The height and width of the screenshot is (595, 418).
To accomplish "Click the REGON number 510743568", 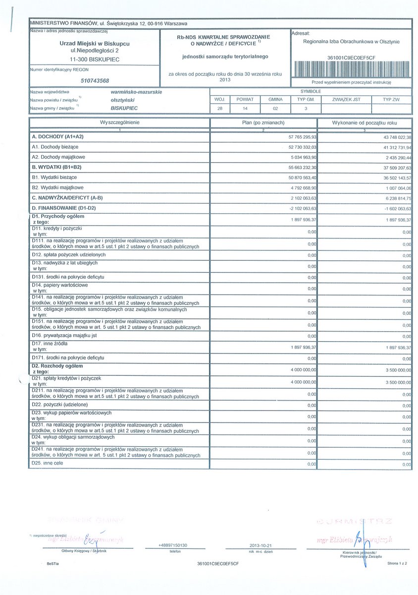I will [95, 80].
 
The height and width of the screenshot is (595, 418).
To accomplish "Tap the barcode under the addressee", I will [352, 69].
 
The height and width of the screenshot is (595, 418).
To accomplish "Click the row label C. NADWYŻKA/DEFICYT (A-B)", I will [67, 198].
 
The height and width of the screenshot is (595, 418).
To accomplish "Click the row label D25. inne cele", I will [48, 463].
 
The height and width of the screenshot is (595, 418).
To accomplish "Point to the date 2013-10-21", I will [261, 546].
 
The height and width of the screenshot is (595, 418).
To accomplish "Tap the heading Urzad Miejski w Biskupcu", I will [94, 44].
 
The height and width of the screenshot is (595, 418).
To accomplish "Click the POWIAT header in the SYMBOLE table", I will [245, 99].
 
